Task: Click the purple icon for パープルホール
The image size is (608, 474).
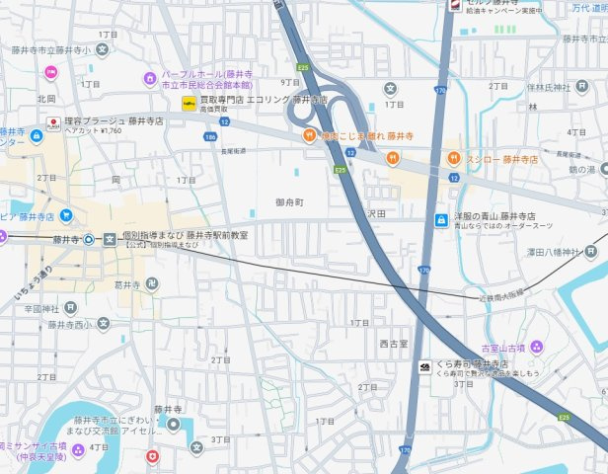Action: tap(150, 77)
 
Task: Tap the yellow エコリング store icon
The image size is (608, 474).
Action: tap(188, 102)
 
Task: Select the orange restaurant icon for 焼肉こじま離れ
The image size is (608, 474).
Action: tap(309, 135)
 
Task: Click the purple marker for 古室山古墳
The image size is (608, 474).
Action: tap(536, 347)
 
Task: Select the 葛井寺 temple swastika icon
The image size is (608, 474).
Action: tap(150, 283)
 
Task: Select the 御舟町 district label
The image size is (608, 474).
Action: tap(291, 201)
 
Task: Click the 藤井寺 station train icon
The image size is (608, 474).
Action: tap(89, 239)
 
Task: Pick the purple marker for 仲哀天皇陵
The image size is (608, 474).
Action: tap(4, 446)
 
